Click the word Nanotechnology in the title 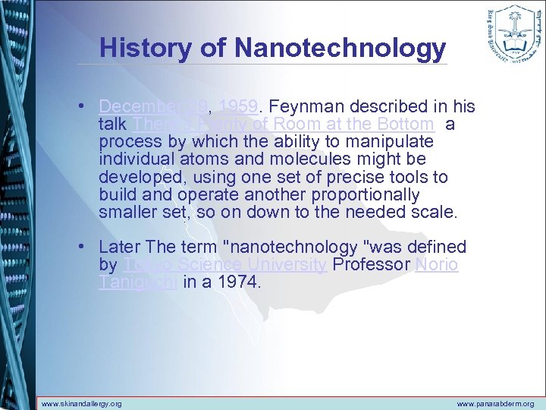tap(340, 48)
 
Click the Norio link tap(437, 265)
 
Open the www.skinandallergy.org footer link tap(81, 404)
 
